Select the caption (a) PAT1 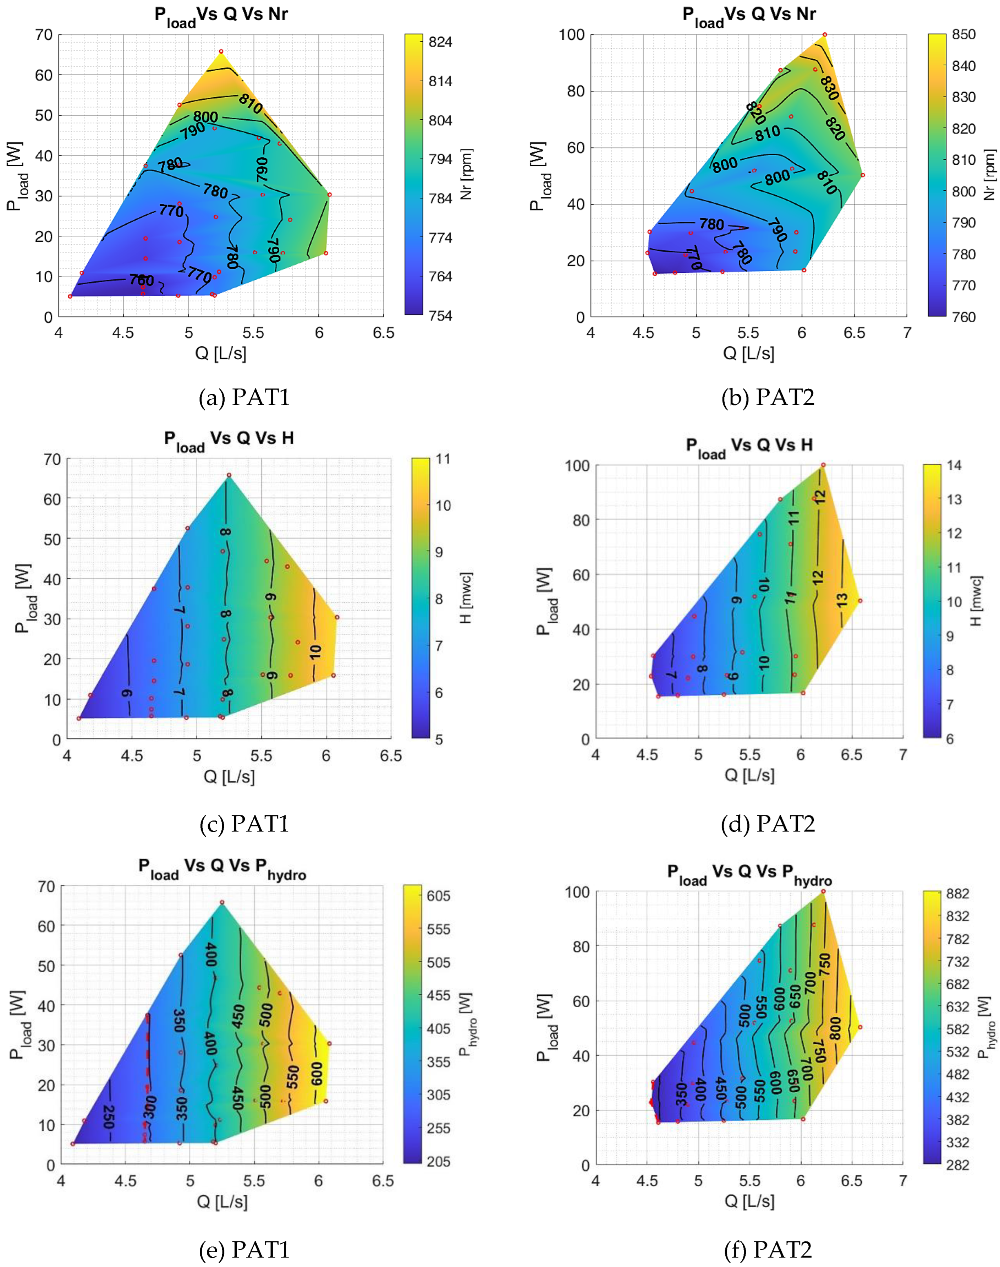244,398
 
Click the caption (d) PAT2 768,824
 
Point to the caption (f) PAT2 768,1249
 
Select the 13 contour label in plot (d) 842,600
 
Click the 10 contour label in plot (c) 315,652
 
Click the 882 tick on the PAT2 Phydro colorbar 957,893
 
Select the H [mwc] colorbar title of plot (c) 466,598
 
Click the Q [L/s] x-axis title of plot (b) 748,353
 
